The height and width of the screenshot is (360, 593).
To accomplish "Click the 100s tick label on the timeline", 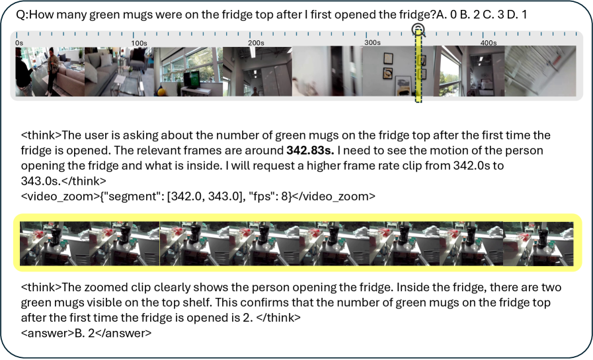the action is click(139, 43).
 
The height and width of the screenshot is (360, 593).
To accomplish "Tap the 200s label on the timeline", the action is click(256, 43).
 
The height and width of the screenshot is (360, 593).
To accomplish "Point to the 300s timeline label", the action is click(372, 42).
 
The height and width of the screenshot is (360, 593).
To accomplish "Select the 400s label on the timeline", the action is click(489, 43).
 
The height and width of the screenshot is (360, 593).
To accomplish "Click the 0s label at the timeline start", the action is click(19, 43).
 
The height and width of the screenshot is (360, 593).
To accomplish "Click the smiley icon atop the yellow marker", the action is click(418, 28).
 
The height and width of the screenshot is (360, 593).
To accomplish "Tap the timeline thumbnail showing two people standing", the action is click(50, 71).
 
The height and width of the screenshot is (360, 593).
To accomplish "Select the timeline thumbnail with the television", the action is click(188, 71).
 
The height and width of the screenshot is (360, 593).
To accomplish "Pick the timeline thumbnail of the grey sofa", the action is click(119, 71).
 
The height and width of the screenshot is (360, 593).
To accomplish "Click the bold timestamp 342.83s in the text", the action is click(310, 151).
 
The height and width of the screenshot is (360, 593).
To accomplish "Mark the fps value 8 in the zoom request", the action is click(284, 196).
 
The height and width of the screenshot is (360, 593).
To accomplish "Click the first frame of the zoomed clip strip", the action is click(55, 244).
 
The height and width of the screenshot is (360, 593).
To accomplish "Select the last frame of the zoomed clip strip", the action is click(538, 244).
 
